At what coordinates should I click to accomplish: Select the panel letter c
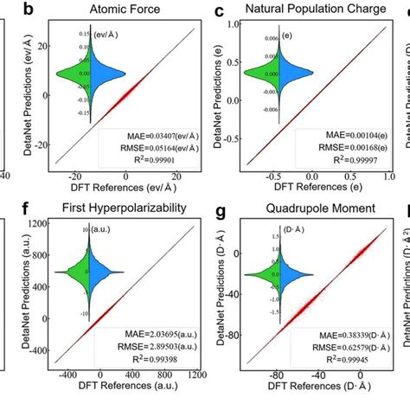tap(221, 10)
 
